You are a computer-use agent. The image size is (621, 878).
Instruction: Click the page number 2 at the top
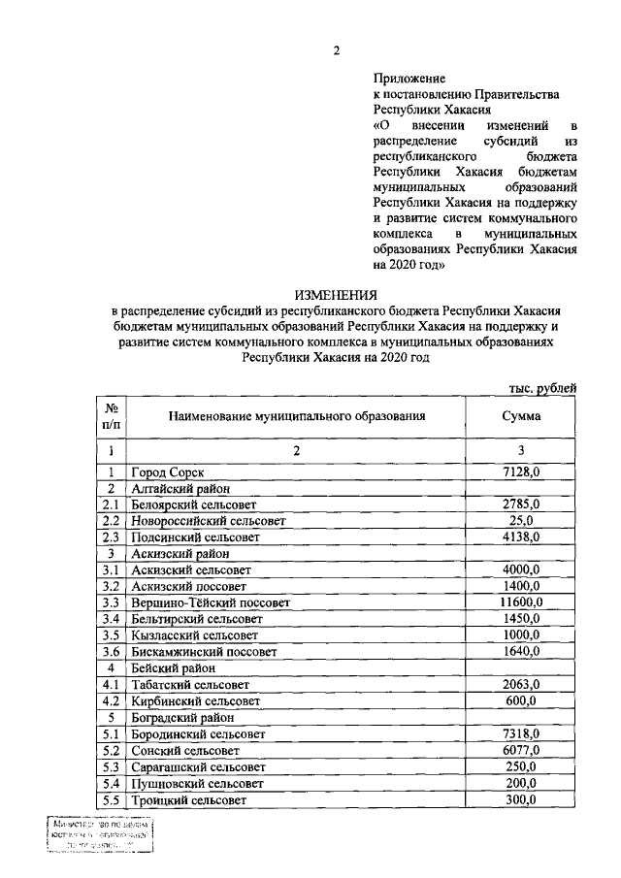(x=336, y=51)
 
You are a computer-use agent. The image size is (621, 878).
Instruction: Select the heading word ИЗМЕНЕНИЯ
(x=336, y=295)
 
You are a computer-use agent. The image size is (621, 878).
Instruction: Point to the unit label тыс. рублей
(x=542, y=388)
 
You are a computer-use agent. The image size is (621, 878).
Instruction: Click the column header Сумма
(x=521, y=416)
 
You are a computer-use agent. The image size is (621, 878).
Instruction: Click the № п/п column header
(x=113, y=416)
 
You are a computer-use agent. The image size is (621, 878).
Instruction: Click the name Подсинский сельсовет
(x=195, y=537)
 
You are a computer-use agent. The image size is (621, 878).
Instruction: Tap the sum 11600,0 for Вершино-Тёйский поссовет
(x=521, y=602)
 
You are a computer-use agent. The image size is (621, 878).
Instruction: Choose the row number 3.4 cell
(x=113, y=619)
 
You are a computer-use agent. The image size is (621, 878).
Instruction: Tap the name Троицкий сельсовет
(x=188, y=800)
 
